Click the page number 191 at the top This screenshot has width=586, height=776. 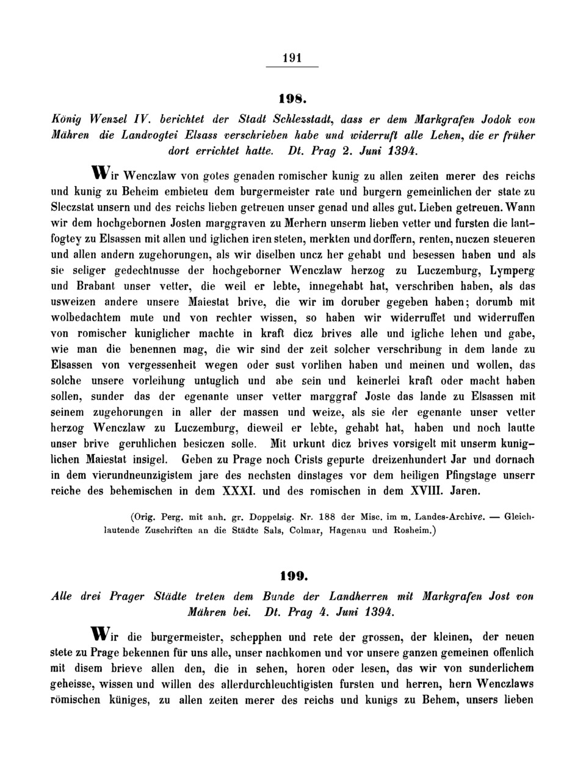[x=293, y=58]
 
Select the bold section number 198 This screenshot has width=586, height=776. [x=292, y=98]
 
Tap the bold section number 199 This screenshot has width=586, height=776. [x=292, y=576]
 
